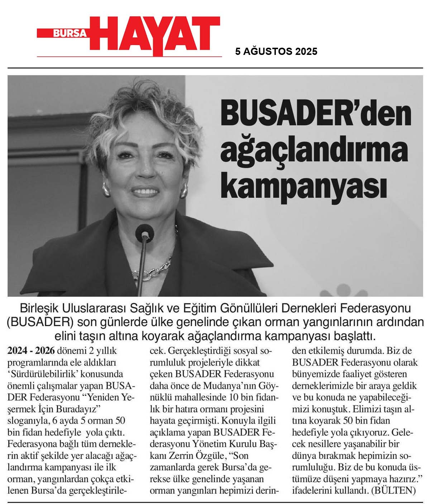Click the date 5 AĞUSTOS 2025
276,52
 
